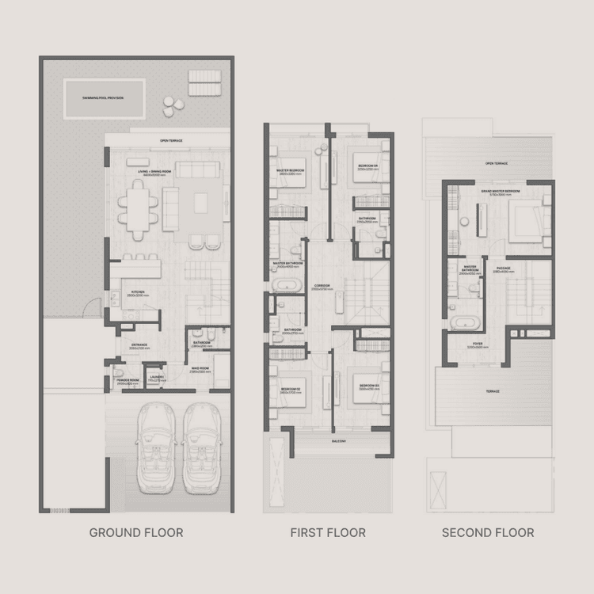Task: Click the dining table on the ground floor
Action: click(139, 207)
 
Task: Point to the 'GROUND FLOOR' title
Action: click(135, 532)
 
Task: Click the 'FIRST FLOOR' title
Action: click(328, 532)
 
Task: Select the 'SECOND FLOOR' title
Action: click(488, 532)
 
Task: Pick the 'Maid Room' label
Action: click(200, 369)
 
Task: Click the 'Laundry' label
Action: click(155, 379)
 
